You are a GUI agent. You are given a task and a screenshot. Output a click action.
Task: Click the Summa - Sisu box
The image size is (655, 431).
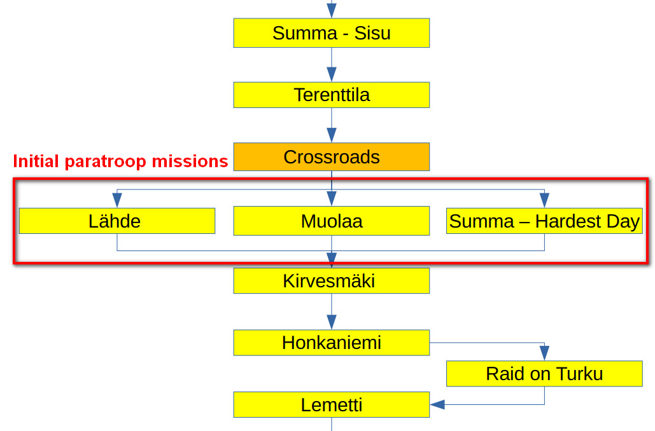[331, 33]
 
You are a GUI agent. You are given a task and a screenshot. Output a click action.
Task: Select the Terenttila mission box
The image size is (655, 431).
[331, 95]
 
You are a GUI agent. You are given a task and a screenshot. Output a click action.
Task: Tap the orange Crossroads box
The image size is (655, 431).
[331, 157]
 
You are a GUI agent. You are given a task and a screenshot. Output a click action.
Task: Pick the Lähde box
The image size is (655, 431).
[116, 221]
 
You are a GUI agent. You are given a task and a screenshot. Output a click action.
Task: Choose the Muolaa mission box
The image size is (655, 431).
[331, 221]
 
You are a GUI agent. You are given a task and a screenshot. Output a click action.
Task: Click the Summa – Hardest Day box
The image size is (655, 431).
[544, 221]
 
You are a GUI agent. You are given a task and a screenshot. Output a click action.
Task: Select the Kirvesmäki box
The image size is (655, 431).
[331, 281]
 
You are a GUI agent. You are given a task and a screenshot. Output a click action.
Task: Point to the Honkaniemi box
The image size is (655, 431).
[331, 343]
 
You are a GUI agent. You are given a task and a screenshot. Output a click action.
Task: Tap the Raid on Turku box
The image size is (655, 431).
[544, 374]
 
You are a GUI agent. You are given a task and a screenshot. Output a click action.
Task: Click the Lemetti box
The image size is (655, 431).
[331, 405]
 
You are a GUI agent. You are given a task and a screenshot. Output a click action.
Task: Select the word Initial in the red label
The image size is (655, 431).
[38, 161]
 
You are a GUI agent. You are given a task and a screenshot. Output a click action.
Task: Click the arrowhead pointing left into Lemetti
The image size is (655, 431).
[437, 404]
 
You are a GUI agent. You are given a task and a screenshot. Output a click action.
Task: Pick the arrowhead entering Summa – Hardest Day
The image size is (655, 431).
[544, 200]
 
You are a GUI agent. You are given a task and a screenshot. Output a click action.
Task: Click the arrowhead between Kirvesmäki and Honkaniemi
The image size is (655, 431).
[331, 322]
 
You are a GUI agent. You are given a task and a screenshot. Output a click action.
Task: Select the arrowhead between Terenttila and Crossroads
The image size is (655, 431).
[331, 135]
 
